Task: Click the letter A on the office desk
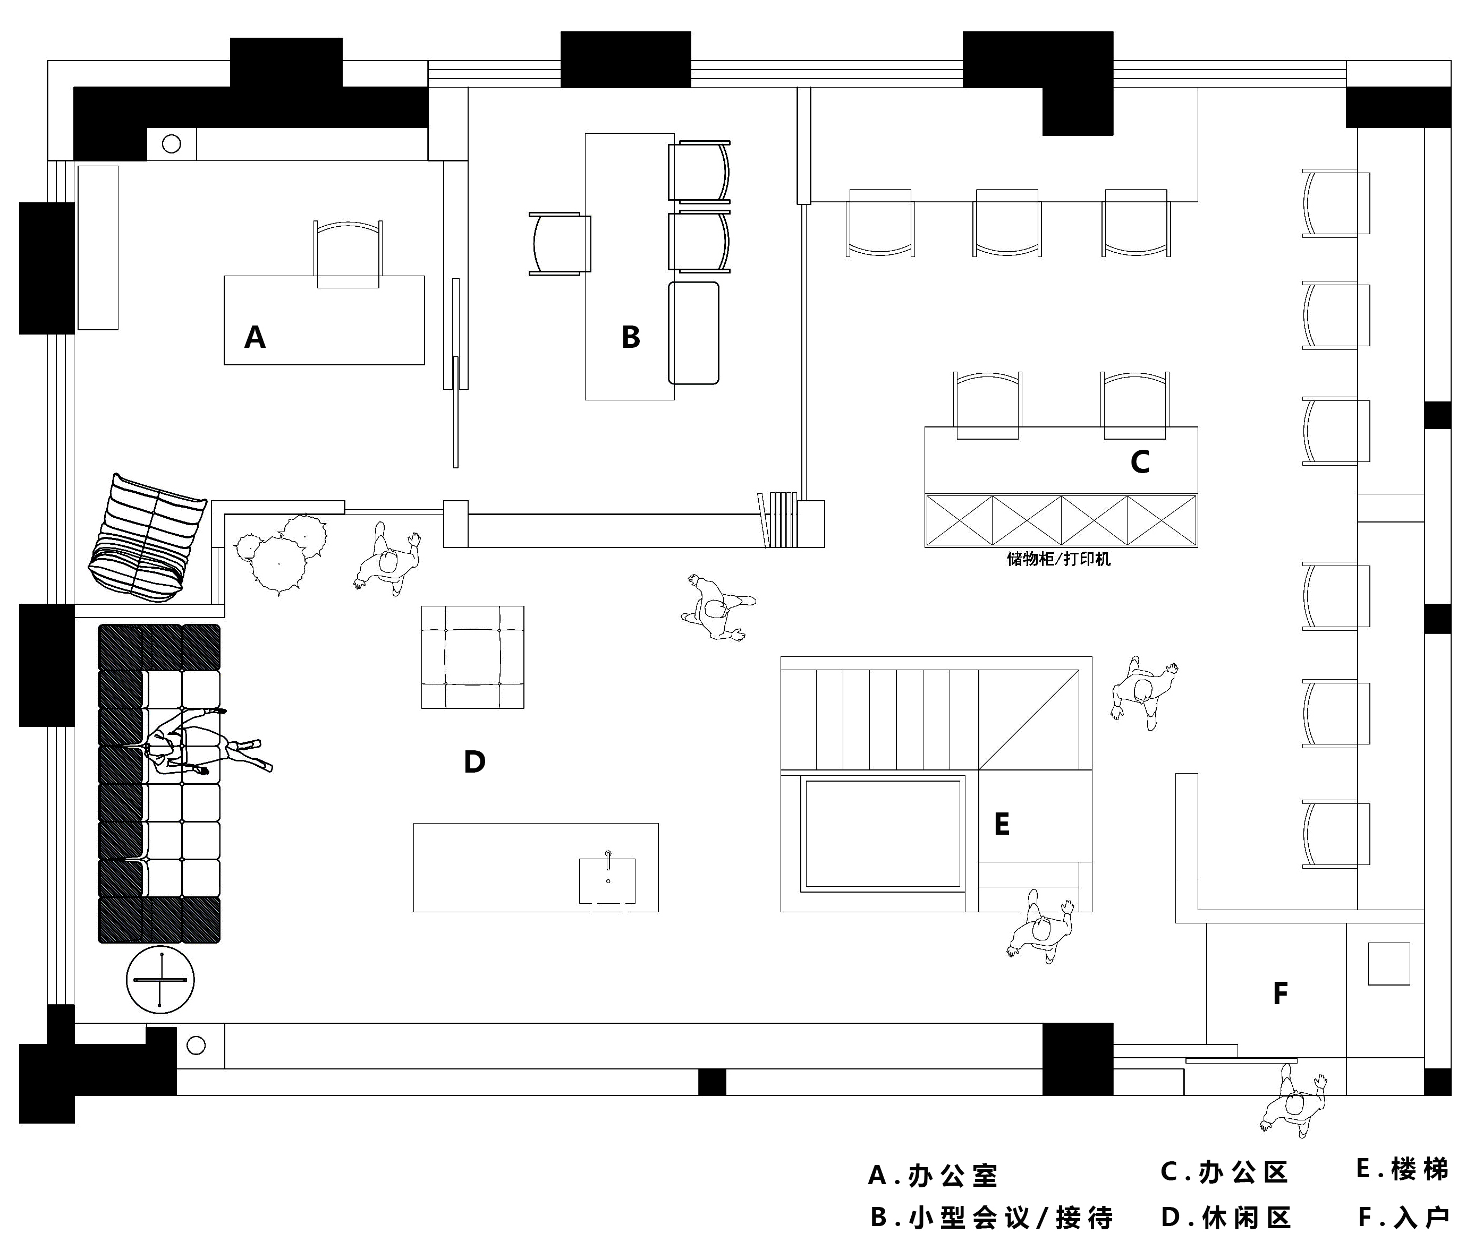click(255, 337)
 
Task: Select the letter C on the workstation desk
click(1140, 463)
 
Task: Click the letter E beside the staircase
click(1002, 824)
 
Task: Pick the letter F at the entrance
click(1280, 993)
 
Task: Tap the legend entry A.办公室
click(933, 1175)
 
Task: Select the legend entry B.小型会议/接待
click(991, 1218)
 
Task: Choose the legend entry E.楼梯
click(1402, 1169)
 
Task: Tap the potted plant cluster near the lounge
click(282, 553)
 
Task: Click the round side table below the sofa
click(160, 980)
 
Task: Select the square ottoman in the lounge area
click(473, 657)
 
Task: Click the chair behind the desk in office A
click(348, 253)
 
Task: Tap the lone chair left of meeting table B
click(561, 243)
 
